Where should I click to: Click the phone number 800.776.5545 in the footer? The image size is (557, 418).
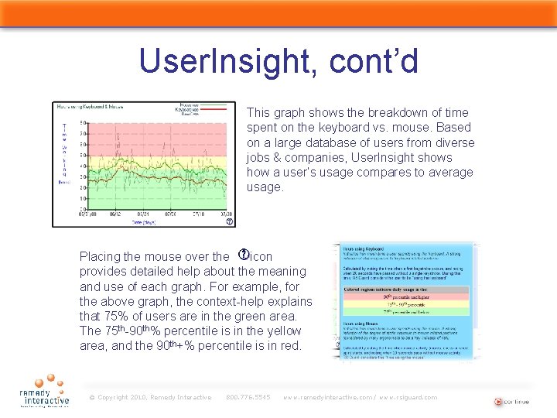[248, 398]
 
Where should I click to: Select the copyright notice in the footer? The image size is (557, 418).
[150, 398]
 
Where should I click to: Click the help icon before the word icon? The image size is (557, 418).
[242, 255]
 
